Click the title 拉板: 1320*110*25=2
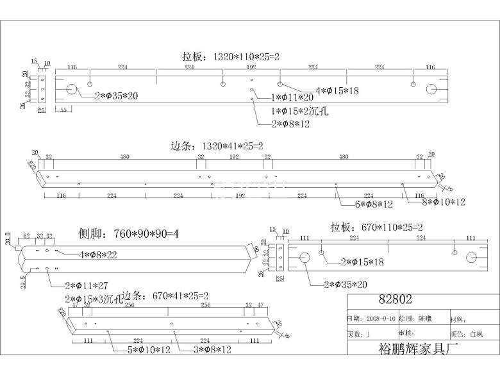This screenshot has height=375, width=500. point(231,57)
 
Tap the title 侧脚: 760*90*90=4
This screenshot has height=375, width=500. point(128,233)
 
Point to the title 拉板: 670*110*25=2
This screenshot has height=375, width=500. point(375,227)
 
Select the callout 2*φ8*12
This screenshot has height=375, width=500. point(290,124)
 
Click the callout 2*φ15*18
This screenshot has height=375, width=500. point(363,262)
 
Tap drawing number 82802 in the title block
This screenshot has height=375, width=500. point(396,299)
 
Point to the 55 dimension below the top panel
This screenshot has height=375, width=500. point(63,110)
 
